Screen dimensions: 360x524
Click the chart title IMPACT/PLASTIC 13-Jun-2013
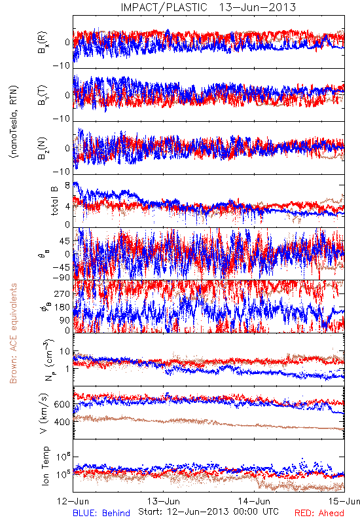208,7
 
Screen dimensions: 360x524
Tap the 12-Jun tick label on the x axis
73,501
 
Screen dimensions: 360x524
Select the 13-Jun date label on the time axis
163,501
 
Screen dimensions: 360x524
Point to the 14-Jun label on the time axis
254,501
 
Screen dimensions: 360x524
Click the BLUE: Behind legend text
101,513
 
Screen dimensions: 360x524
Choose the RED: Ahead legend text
319,513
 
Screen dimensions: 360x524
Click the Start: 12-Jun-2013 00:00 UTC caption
208,512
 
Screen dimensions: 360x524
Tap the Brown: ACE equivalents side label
13,333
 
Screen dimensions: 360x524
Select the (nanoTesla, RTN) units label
14,122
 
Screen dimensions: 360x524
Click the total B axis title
54,201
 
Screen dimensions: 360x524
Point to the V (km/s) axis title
44,413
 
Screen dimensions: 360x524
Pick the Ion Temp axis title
45,466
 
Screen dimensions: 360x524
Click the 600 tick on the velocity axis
62,404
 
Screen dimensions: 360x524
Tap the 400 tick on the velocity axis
62,422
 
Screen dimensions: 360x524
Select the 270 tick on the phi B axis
62,293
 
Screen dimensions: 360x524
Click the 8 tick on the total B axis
67,185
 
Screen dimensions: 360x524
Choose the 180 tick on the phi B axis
62,307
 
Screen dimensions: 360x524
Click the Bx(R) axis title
43,43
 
